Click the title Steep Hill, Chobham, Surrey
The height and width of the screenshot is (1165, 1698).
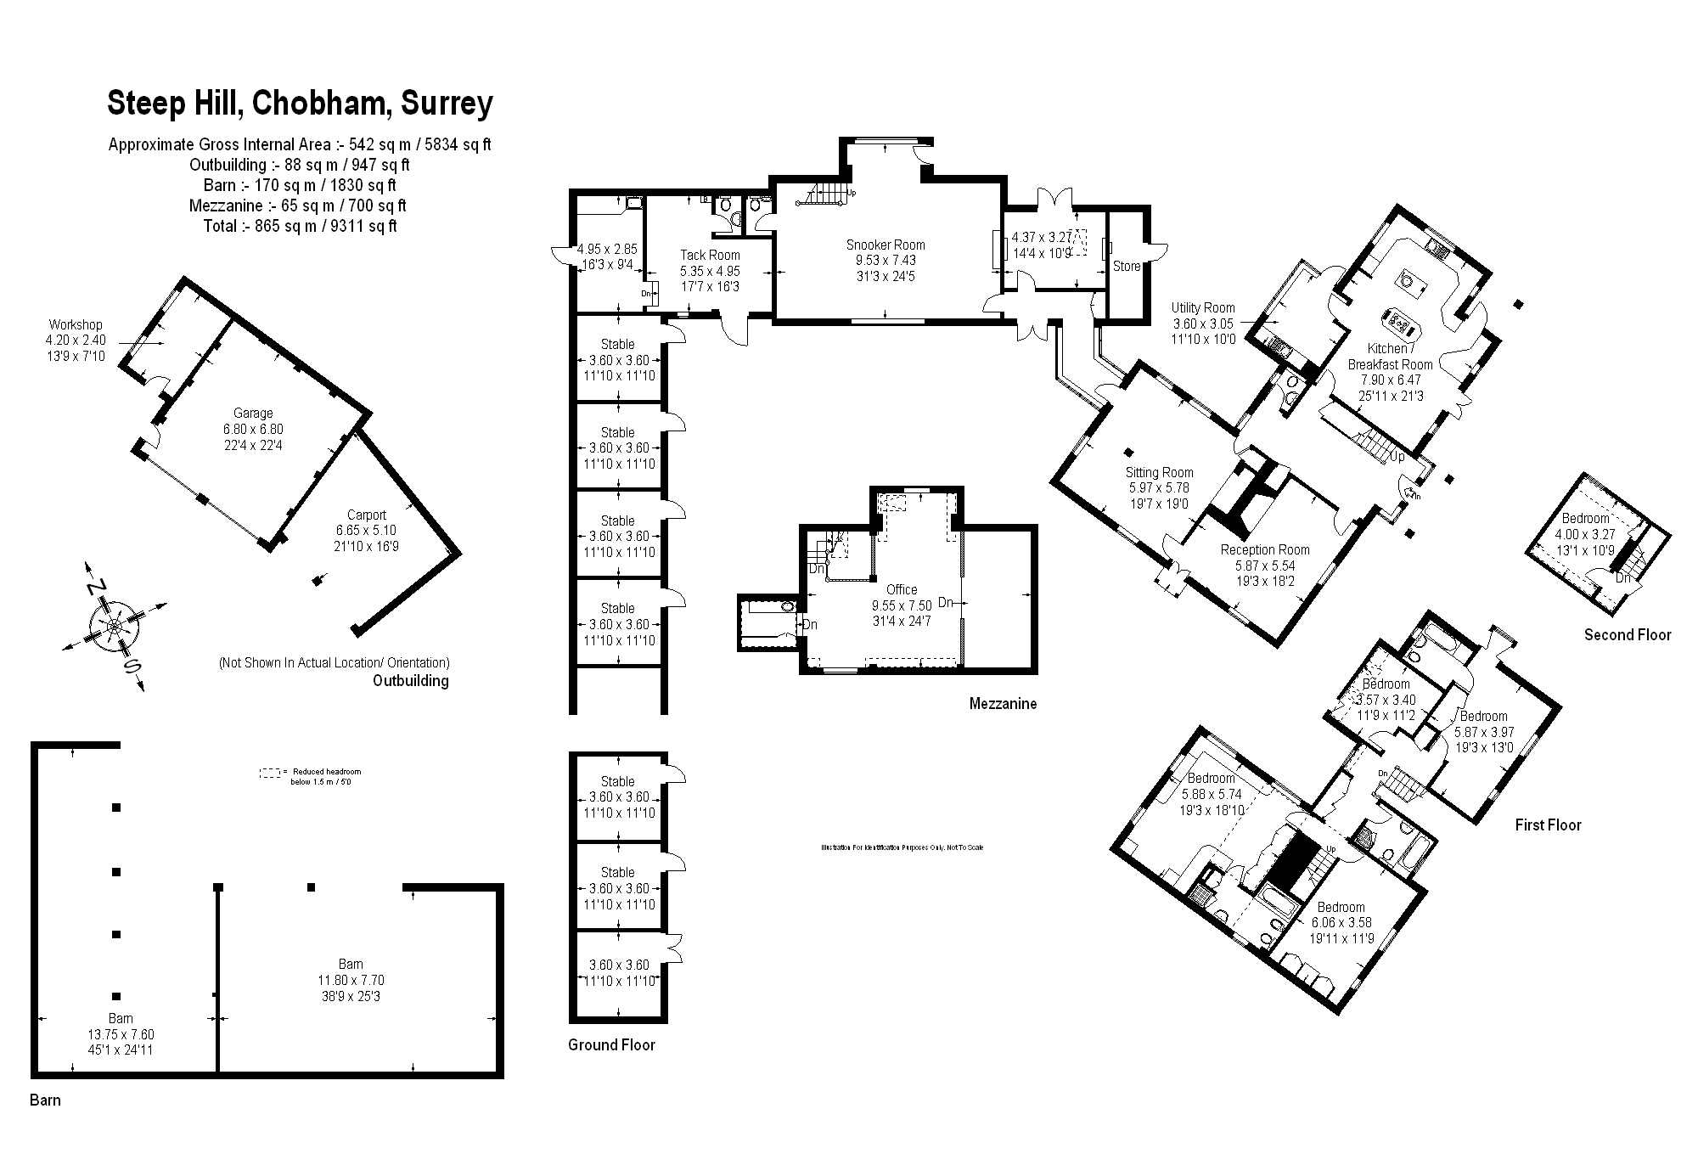(300, 104)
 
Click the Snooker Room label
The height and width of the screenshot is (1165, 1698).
(886, 245)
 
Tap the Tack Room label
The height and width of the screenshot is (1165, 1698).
(710, 255)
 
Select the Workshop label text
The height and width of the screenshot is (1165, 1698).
(76, 324)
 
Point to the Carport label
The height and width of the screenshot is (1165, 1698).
(366, 515)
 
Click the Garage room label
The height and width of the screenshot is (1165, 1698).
(253, 414)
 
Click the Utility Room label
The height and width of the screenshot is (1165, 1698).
(1203, 308)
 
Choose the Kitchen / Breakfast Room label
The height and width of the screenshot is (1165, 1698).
(1390, 357)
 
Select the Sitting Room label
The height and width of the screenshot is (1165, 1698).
(1159, 473)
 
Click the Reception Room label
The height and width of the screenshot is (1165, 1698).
(1265, 549)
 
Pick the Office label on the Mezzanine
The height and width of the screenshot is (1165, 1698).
(902, 589)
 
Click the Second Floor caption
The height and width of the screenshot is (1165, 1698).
(1627, 634)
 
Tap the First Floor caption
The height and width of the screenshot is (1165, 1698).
(1548, 825)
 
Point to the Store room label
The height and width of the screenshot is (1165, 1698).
(1126, 266)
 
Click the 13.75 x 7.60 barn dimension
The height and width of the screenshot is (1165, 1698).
(121, 1034)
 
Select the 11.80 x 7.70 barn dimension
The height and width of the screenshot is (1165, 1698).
(351, 980)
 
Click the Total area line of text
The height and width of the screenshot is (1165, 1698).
(300, 226)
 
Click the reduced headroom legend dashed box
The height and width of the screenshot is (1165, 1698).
(269, 773)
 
